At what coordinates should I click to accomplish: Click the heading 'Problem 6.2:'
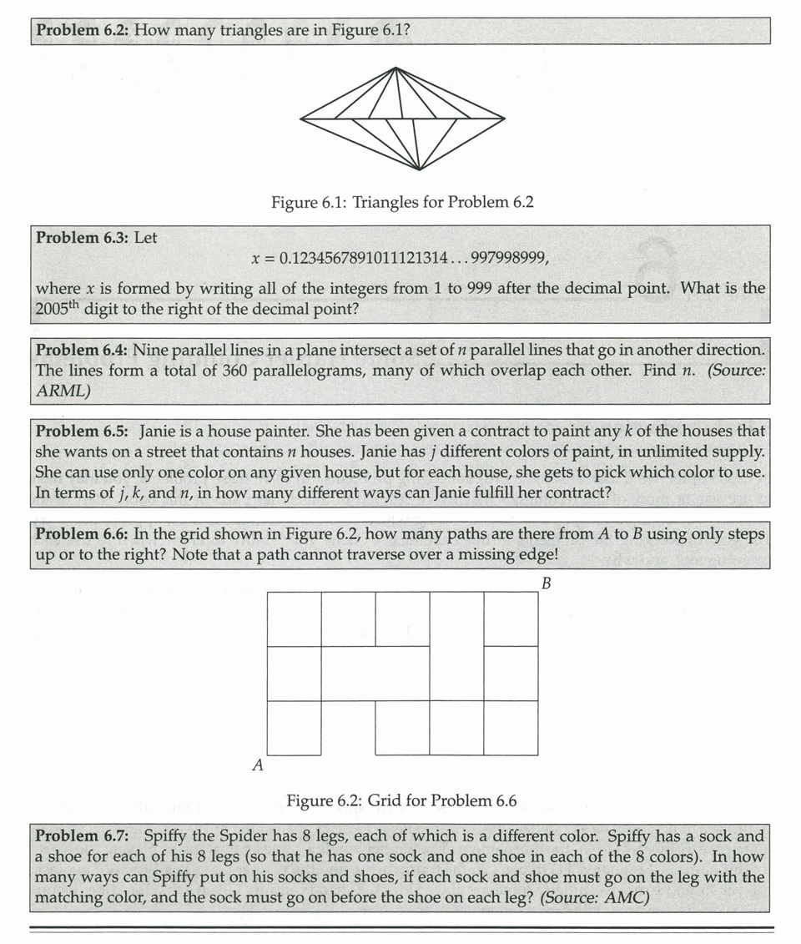tap(82, 31)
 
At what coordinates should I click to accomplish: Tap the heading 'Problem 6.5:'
tap(82, 432)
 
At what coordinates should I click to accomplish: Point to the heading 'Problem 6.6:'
tap(82, 534)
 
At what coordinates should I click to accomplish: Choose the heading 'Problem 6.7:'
tap(82, 835)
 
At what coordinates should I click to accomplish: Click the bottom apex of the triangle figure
tap(420, 169)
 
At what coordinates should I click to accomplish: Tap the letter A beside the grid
tap(258, 765)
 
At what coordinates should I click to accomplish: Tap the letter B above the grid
tap(546, 583)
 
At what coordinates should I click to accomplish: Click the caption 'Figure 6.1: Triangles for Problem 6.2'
tap(402, 202)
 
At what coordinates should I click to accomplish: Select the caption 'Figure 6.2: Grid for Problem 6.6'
tap(401, 801)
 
